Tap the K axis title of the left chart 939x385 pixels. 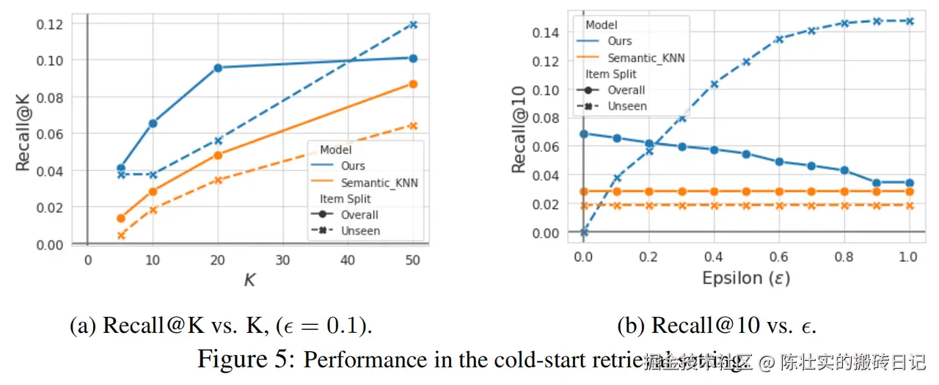(x=249, y=279)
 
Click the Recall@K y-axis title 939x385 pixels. (x=23, y=133)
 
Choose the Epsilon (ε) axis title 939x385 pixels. (x=746, y=278)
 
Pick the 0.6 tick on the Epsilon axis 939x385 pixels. (x=779, y=258)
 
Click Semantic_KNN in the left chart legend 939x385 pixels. (x=379, y=183)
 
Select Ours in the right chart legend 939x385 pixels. (x=620, y=42)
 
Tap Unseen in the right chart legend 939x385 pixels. (x=626, y=106)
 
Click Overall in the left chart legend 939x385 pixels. (x=359, y=215)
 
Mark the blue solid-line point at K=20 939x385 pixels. (x=218, y=67)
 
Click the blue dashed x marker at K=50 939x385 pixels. (x=412, y=24)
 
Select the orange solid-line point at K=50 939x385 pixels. (x=412, y=84)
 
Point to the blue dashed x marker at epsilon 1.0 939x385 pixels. (x=909, y=21)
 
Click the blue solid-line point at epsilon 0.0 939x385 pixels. (x=584, y=134)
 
